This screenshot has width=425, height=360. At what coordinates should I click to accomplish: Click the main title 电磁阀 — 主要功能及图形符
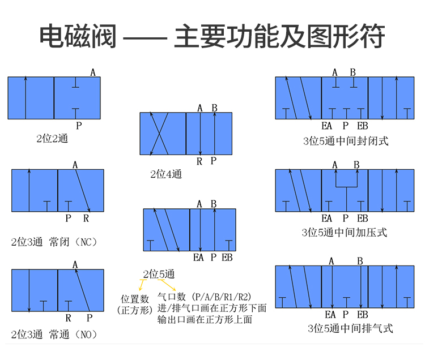(212, 36)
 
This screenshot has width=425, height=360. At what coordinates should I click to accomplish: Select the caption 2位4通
(166, 174)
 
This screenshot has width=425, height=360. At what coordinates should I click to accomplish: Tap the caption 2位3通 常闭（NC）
(54, 242)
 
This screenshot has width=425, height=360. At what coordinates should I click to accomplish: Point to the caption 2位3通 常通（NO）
(54, 335)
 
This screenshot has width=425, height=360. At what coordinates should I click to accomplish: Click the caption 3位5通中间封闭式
(346, 141)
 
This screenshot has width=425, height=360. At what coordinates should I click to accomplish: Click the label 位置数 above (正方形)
(135, 298)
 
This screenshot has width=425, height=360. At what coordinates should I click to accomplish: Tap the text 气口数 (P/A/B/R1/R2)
(204, 297)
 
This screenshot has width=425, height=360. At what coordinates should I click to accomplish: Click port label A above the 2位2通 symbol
(93, 72)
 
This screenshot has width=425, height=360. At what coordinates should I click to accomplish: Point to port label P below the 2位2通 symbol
(79, 126)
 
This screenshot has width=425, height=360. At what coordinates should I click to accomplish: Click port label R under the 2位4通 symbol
(199, 161)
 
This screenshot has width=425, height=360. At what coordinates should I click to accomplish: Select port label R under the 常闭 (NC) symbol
(86, 218)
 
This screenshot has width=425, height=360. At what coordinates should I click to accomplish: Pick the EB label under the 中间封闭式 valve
(363, 126)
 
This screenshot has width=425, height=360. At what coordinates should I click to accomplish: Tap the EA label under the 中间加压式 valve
(327, 218)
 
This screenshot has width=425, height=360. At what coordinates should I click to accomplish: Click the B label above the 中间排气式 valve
(359, 261)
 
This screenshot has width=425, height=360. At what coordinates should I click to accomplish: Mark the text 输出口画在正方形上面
(205, 320)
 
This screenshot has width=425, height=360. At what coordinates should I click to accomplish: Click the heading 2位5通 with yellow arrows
(159, 275)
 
